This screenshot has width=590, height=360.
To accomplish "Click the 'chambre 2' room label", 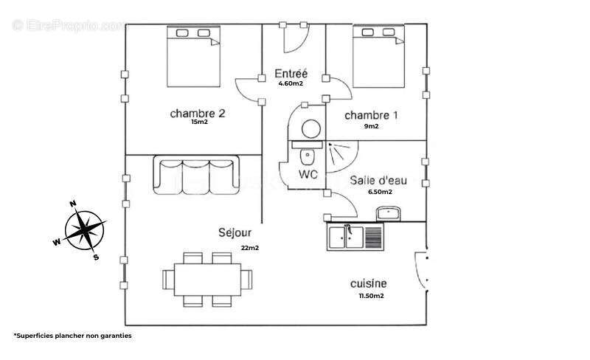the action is click(x=198, y=114).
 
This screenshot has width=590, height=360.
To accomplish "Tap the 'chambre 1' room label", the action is click(x=371, y=115).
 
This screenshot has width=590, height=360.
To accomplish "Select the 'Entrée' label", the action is click(x=291, y=74).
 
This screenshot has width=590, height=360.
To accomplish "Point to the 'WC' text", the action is click(x=308, y=174).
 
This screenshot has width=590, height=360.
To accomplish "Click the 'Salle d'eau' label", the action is click(x=378, y=181).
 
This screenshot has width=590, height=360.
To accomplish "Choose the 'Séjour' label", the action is click(x=235, y=232).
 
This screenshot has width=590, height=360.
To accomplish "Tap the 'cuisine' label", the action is click(x=368, y=283).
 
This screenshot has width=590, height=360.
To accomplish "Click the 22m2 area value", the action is click(x=250, y=248).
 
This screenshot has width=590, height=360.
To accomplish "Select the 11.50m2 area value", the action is click(x=372, y=296).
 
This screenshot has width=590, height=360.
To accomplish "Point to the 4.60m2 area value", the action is click(x=291, y=83).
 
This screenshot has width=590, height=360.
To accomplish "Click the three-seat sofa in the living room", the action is click(x=196, y=175).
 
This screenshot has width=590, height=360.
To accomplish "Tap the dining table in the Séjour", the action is click(x=207, y=280).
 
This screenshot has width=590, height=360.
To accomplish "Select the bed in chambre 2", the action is click(x=193, y=57).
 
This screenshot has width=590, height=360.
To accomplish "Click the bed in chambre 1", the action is click(x=378, y=57).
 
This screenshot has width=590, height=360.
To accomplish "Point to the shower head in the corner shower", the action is click(x=330, y=145).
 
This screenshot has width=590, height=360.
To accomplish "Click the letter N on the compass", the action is click(x=73, y=204).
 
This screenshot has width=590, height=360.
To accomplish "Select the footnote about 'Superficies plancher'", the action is click(x=73, y=336).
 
